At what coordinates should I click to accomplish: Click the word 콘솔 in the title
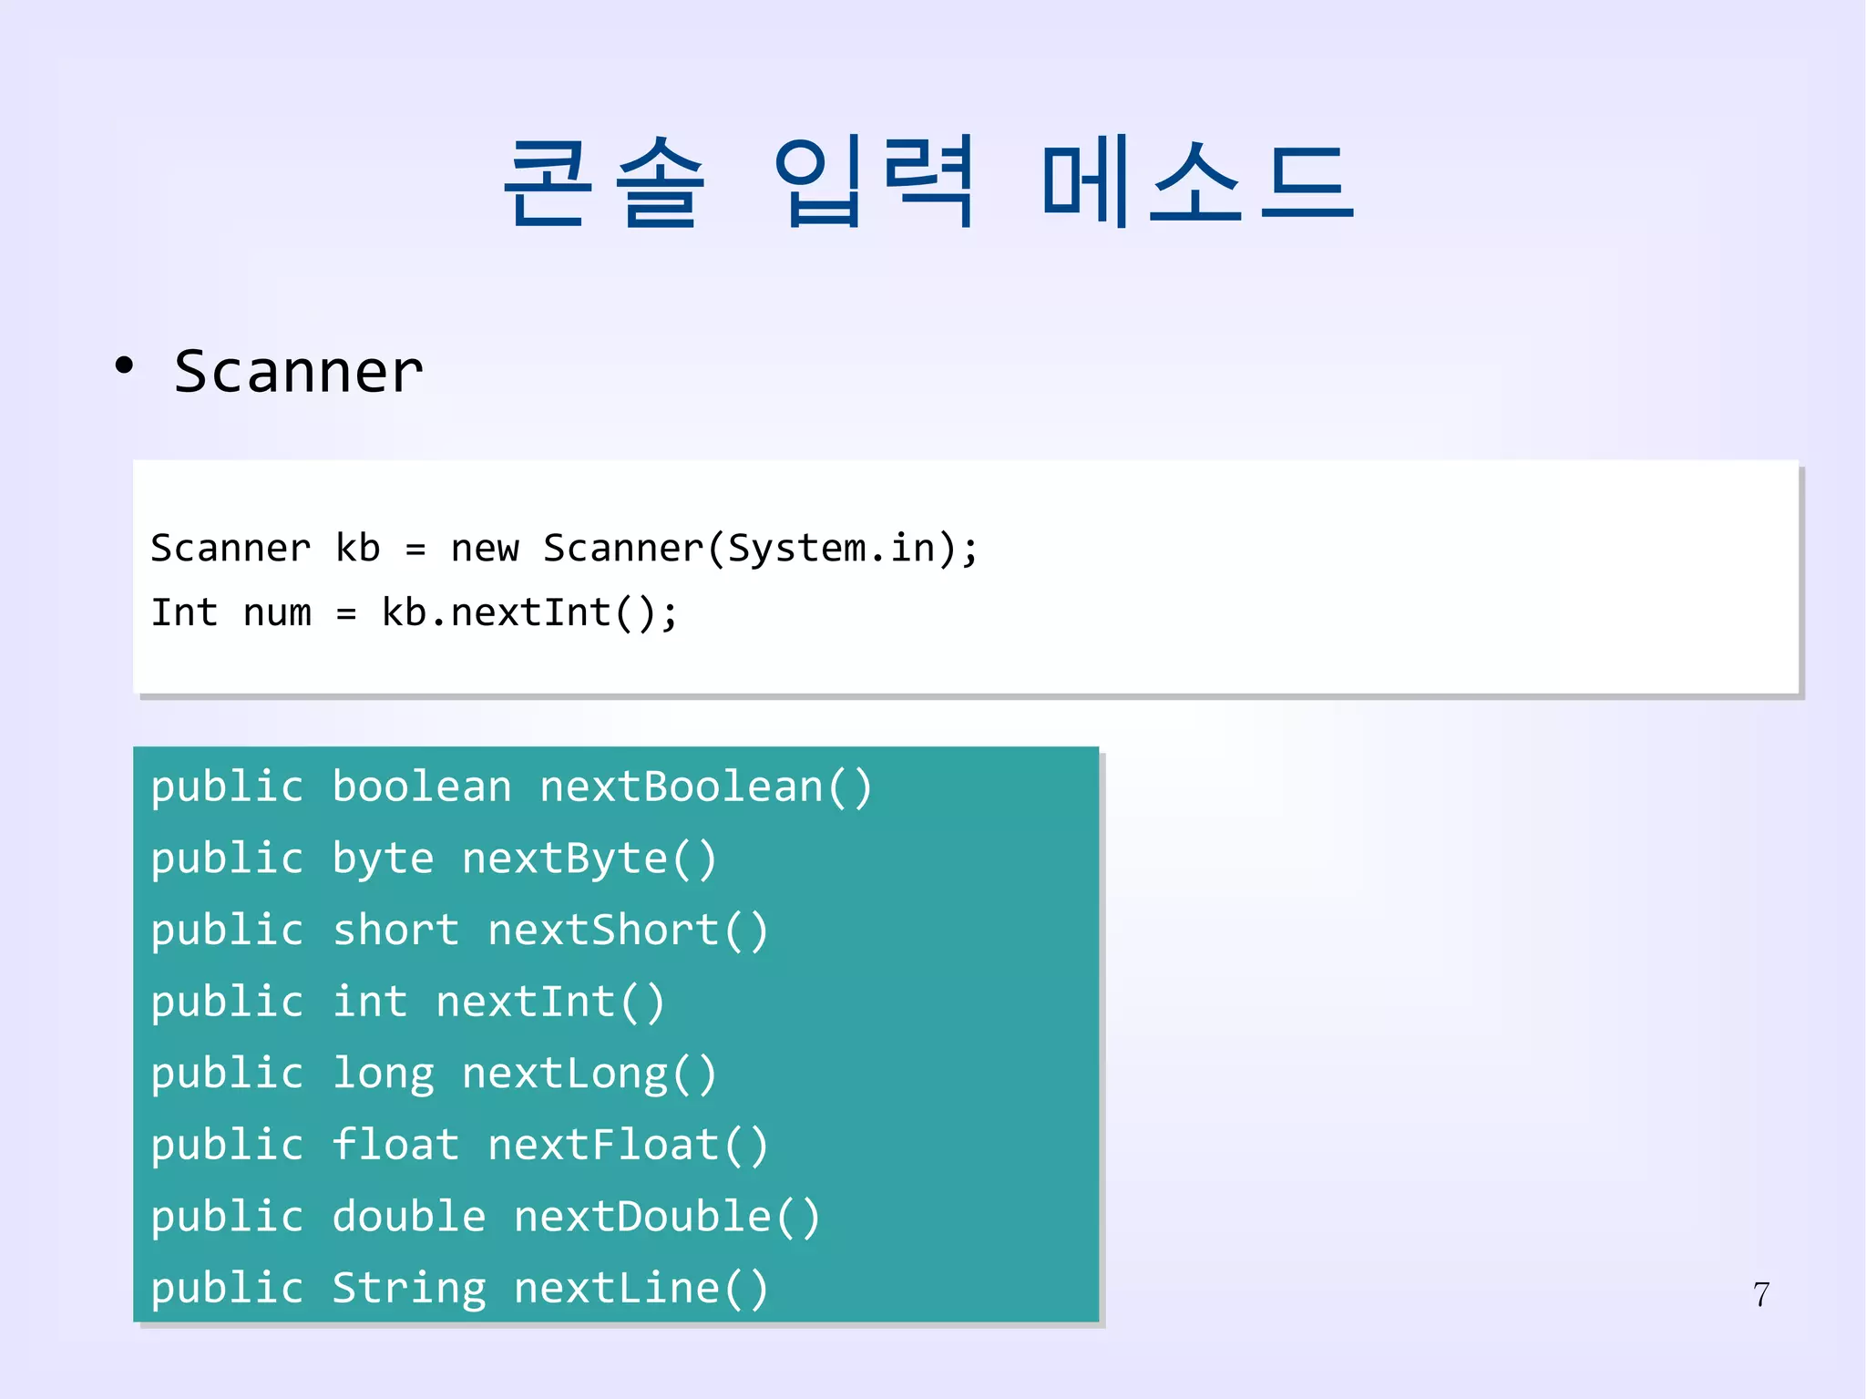[603, 182]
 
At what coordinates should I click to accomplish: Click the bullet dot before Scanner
[125, 366]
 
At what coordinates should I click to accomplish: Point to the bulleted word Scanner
[299, 372]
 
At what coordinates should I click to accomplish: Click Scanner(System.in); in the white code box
[760, 549]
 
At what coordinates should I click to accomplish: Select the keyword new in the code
[485, 549]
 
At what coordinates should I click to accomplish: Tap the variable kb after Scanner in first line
[357, 549]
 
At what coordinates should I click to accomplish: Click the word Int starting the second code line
[184, 612]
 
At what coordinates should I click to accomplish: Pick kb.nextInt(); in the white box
[529, 612]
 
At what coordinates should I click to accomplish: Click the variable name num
[277, 613]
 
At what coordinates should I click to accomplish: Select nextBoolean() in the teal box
[706, 787]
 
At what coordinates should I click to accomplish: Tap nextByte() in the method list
[590, 859]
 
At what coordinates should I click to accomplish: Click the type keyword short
[395, 931]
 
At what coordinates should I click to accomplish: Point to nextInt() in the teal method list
[550, 1002]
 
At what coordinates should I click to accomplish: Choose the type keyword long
[383, 1074]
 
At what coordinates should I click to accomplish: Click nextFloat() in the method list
[628, 1145]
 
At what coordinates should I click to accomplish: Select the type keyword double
[409, 1217]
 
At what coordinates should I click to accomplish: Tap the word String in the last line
[409, 1289]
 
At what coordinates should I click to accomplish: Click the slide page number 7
[1761, 1294]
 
